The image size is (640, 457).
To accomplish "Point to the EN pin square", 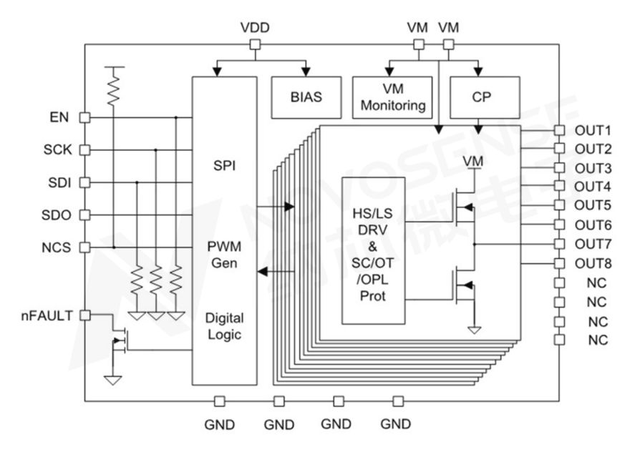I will click(84, 117).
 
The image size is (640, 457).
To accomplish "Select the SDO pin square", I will click(84, 215).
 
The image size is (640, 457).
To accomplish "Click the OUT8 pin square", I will click(559, 262).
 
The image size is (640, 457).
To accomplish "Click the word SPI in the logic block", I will click(224, 165).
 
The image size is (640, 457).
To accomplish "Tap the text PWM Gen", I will click(224, 255).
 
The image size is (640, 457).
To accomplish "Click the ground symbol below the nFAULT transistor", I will click(112, 378).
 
